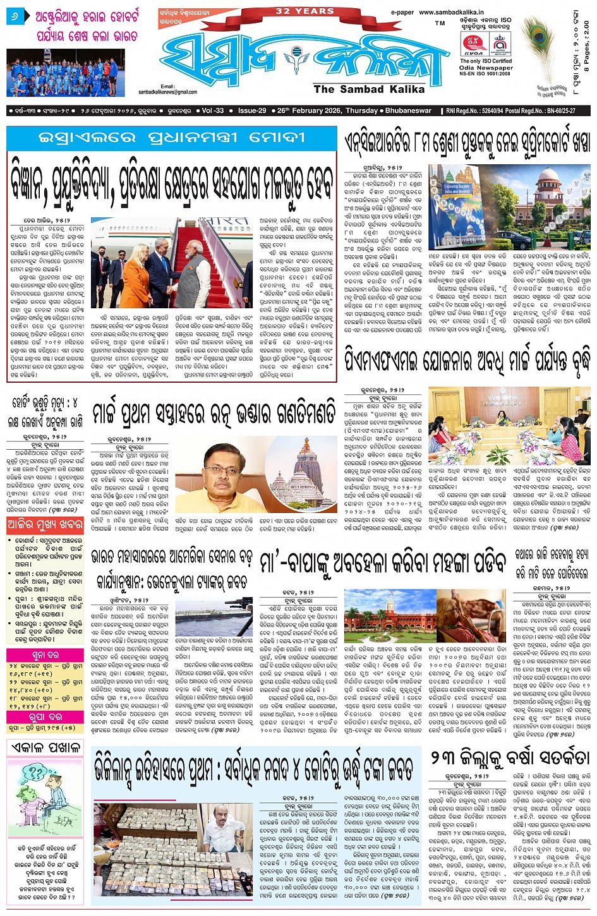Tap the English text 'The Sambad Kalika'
click(369, 89)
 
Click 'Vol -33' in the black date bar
click(212, 111)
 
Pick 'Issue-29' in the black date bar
click(252, 111)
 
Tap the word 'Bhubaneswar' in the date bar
click(407, 111)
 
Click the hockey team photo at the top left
click(66, 72)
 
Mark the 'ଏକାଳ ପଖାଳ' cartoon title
click(44, 747)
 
